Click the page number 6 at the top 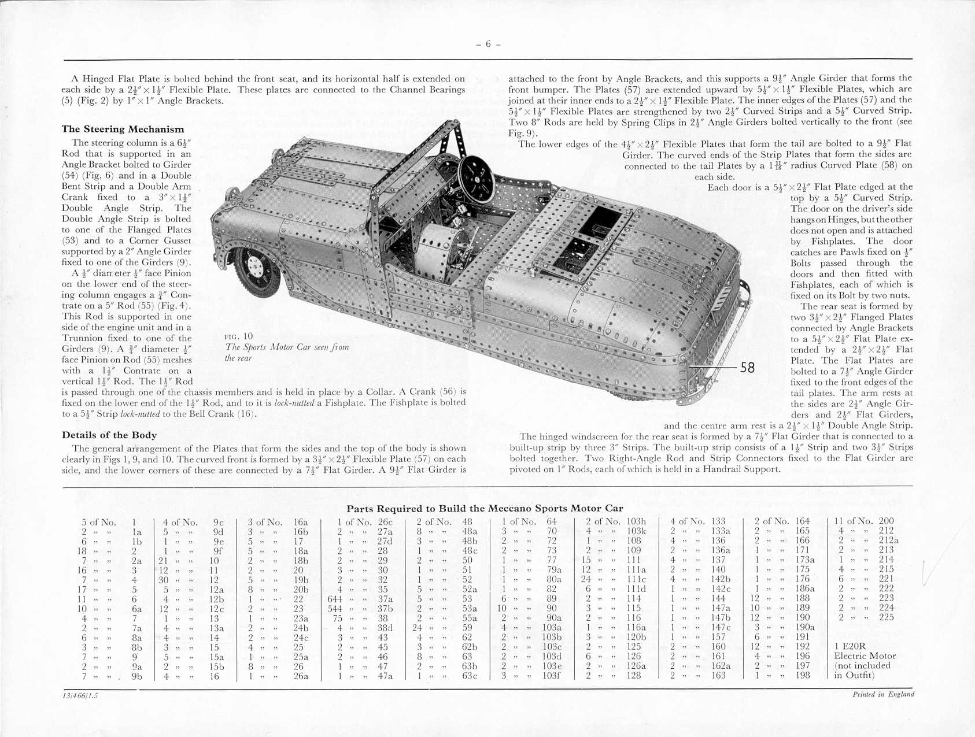[487, 44]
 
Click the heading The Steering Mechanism [123, 129]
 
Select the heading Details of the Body [109, 435]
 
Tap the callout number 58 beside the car [747, 368]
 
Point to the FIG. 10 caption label [238, 336]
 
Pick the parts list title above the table [485, 509]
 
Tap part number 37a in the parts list [385, 598]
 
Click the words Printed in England [883, 694]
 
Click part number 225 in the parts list [886, 617]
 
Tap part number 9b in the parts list [136, 675]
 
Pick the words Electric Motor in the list [865, 656]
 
